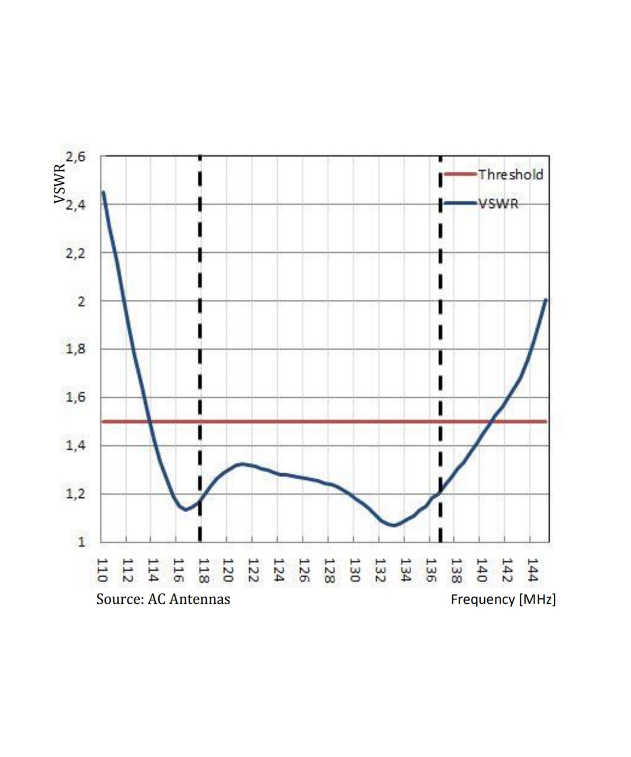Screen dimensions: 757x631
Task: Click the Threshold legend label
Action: [510, 175]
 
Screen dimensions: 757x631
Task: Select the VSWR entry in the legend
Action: [498, 203]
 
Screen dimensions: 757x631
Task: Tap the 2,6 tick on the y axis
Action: [76, 156]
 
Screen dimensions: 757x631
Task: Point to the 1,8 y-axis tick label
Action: [76, 349]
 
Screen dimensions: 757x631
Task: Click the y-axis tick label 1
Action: [81, 542]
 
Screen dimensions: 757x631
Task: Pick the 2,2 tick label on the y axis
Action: [76, 253]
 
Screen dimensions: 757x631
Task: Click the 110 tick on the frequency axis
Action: [102, 570]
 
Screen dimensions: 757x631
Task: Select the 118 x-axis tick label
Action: [203, 570]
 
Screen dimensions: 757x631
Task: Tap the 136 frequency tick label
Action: [431, 570]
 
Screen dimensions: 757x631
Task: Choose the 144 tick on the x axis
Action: [531, 570]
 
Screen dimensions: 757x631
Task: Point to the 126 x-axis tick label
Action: [304, 570]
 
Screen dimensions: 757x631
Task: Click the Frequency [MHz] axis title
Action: [503, 599]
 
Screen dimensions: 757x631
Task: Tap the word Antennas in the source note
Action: [200, 599]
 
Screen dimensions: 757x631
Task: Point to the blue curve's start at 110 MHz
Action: [103, 192]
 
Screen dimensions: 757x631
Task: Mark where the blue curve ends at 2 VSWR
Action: [546, 299]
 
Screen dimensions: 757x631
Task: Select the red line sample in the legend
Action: [460, 174]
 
